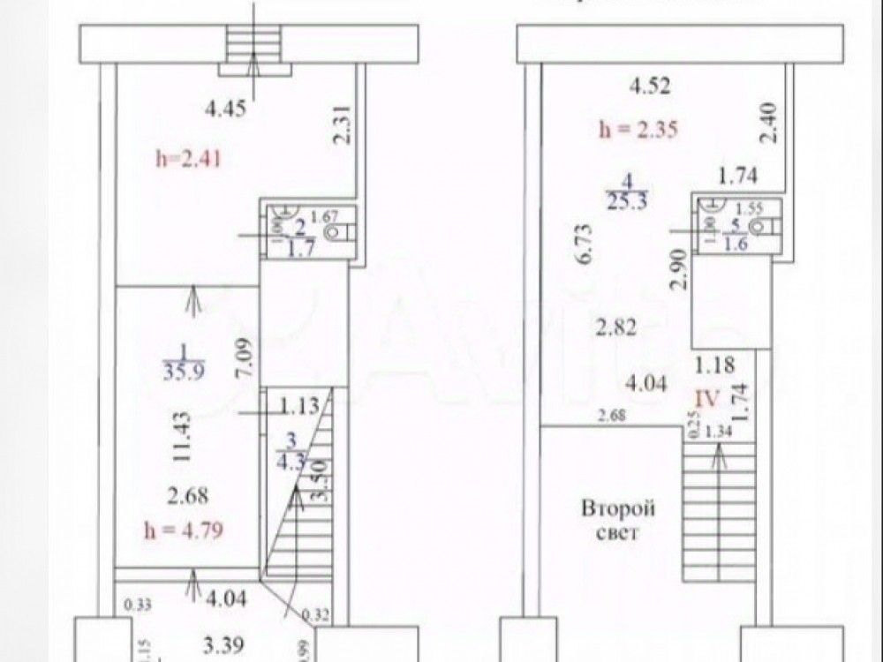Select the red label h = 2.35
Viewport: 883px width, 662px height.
click(638, 130)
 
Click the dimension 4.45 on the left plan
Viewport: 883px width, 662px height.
click(223, 110)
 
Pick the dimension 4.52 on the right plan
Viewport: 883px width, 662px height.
click(650, 86)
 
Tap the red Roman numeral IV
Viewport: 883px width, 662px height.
click(710, 397)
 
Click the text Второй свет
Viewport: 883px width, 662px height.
click(617, 521)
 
